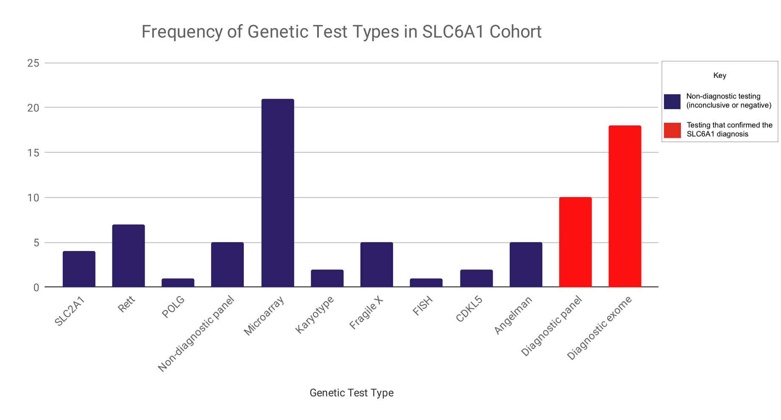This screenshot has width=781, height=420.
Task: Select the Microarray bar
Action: [278, 193]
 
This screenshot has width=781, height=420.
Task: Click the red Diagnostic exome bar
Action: [625, 206]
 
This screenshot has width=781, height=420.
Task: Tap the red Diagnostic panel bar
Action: [575, 242]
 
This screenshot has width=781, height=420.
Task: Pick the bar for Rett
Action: [128, 256]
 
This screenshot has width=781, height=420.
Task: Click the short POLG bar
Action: [178, 283]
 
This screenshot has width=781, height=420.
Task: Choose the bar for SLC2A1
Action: [79, 269]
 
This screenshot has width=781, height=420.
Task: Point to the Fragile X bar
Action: [377, 265]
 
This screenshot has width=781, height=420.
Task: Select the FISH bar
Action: [426, 283]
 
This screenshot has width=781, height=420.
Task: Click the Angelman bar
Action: [526, 265]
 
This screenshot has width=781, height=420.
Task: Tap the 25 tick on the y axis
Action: [33, 63]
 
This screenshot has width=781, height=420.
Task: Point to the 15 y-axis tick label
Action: [33, 153]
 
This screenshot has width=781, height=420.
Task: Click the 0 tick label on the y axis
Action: [36, 288]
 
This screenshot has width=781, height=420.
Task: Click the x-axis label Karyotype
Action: [315, 315]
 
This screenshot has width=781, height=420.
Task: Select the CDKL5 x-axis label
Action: [469, 309]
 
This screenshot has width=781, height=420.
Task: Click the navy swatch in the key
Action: [672, 101]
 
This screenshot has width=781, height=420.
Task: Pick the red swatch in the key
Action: [672, 130]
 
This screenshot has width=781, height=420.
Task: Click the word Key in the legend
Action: [720, 76]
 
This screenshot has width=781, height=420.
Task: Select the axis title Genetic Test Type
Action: [351, 393]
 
